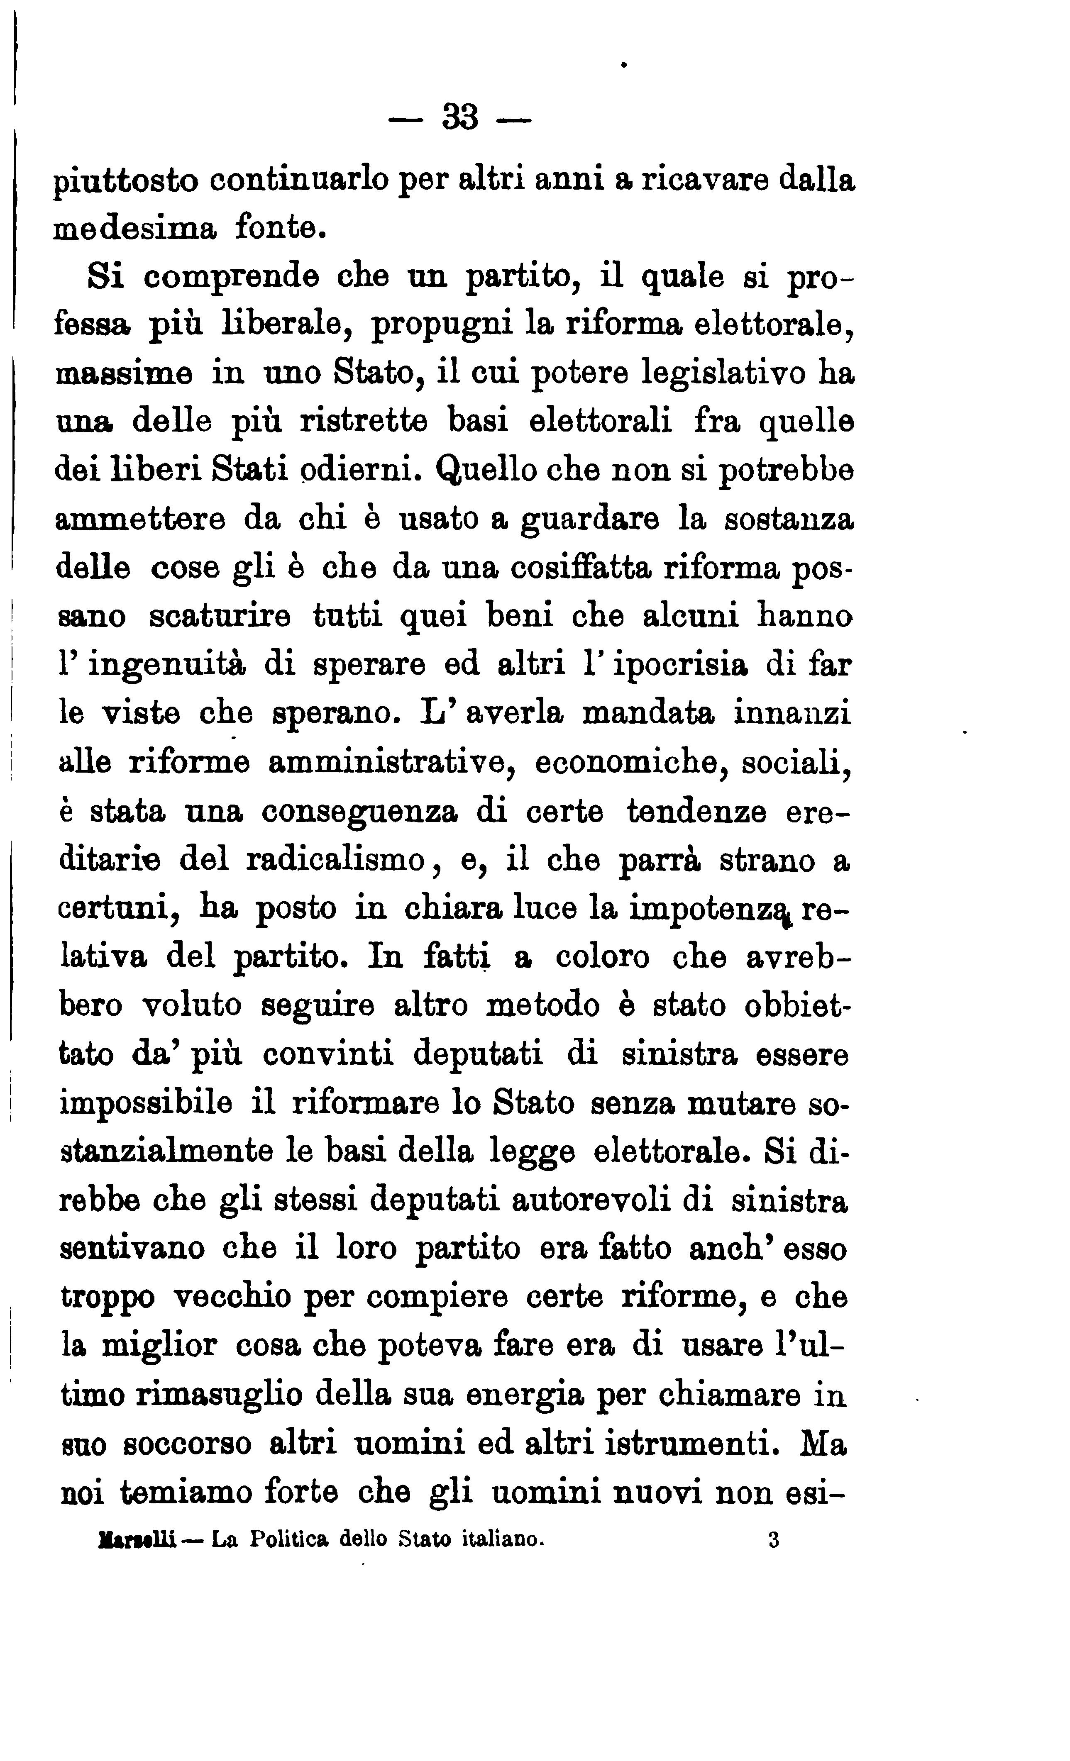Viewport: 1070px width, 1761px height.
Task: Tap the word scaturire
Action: coord(220,616)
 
